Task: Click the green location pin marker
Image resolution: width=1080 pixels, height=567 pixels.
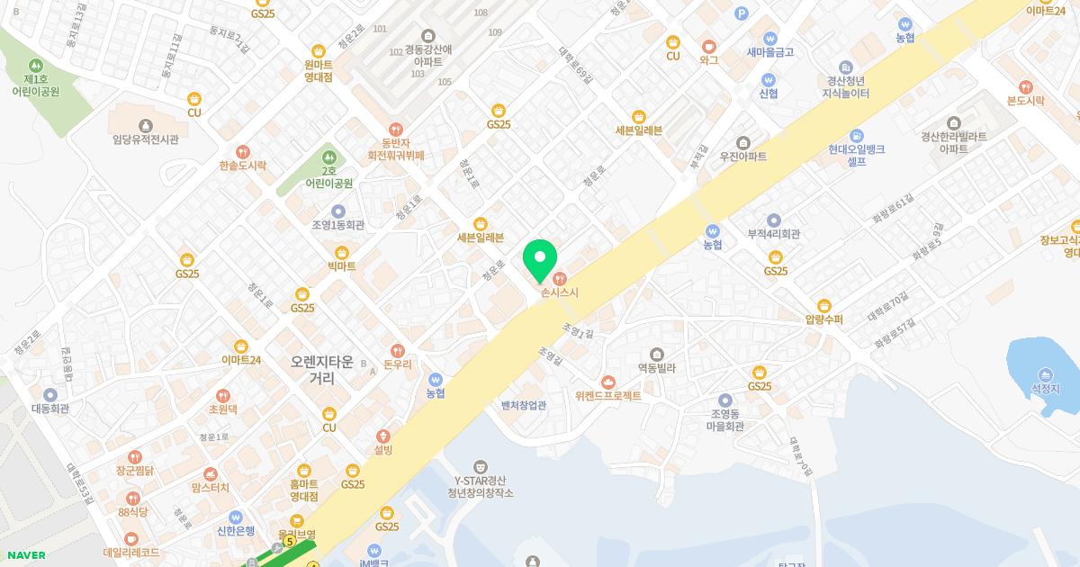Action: click(x=540, y=260)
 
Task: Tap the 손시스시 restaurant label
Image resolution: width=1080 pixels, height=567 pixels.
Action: click(x=560, y=292)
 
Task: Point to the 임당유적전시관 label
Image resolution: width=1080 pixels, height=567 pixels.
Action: click(x=146, y=139)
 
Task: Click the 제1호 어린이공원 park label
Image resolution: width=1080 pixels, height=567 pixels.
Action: click(x=36, y=85)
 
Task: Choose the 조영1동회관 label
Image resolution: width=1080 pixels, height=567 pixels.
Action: click(x=337, y=224)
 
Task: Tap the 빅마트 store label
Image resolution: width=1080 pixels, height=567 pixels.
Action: click(x=342, y=265)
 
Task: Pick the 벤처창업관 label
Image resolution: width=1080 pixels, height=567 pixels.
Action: click(x=524, y=405)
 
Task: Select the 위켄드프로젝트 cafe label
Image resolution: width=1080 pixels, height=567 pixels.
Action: click(x=608, y=394)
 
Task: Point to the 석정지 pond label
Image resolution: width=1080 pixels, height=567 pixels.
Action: click(x=1046, y=388)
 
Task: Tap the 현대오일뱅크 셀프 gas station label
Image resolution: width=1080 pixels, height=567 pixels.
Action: click(x=856, y=155)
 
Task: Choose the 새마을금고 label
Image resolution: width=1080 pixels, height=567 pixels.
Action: click(x=769, y=51)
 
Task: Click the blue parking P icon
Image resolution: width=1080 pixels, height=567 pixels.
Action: click(x=742, y=13)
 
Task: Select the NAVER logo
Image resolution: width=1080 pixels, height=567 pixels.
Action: click(x=25, y=554)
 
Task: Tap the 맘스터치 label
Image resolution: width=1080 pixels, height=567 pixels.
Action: click(x=211, y=487)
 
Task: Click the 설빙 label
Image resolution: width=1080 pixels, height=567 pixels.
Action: click(x=383, y=449)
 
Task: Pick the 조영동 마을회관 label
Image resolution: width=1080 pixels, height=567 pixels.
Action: click(x=725, y=419)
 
